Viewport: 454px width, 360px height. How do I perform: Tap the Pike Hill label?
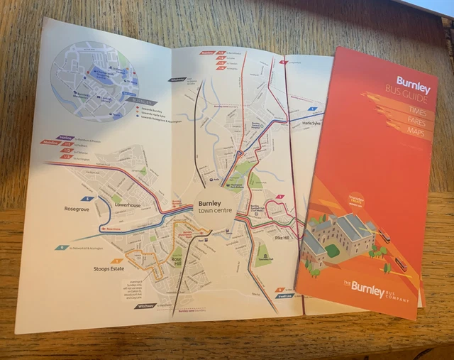click(x=282, y=237)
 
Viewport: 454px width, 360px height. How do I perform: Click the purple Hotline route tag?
click(x=66, y=137)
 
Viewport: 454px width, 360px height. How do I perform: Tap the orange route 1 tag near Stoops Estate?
click(x=113, y=261)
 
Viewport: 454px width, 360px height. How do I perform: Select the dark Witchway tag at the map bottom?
click(x=146, y=306)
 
